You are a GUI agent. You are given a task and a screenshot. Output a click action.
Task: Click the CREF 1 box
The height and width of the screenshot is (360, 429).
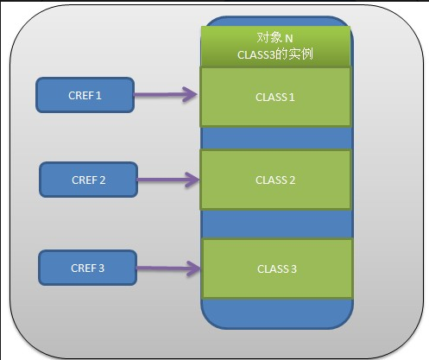coord(85,95)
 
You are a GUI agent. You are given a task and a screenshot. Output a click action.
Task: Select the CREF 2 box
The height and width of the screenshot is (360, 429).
coord(88,180)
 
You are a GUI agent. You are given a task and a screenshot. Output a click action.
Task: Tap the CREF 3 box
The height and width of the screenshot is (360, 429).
coord(87,268)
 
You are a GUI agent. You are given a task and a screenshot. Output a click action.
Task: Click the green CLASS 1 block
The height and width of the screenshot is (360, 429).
coord(275,97)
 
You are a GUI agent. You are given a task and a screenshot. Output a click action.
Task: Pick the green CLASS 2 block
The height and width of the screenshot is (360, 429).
coord(275,180)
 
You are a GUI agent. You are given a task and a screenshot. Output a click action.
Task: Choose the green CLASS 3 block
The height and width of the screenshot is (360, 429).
coord(277,268)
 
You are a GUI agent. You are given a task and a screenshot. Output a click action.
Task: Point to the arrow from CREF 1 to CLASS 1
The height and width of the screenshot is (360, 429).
coord(166,94)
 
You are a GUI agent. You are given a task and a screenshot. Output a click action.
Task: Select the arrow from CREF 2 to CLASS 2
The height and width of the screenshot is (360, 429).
coord(168,180)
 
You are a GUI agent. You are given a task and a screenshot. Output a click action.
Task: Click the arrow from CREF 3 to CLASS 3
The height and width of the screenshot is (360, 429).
coord(168,268)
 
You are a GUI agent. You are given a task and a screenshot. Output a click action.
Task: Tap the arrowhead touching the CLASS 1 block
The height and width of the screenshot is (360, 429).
coord(191,94)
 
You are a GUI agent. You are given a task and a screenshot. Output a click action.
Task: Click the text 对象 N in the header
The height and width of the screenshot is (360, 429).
coord(274,38)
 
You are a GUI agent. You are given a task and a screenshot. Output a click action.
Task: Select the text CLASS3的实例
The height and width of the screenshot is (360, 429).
coord(275,54)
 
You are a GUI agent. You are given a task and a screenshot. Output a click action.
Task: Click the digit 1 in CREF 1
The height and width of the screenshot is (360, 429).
coord(98,96)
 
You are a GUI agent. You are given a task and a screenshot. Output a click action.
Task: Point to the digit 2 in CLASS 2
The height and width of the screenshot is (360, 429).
coord(292,180)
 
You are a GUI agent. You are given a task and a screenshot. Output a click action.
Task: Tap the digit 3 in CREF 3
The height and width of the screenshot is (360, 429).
coord(101,268)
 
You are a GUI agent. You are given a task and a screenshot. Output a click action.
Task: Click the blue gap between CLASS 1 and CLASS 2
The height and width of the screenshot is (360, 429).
coord(277,138)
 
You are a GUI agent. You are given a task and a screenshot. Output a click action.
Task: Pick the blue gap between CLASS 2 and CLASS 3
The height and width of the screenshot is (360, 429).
coord(277,224)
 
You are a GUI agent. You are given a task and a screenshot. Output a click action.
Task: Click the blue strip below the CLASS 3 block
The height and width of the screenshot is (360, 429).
coord(277,313)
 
